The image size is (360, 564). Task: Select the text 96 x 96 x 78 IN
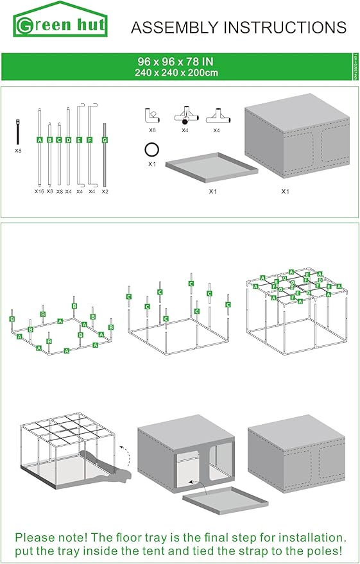[176, 62]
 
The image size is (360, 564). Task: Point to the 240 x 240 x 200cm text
[176, 73]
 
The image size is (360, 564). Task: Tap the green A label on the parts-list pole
[39, 139]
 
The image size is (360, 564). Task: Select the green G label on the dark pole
[105, 139]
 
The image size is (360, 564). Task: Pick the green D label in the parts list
[68, 139]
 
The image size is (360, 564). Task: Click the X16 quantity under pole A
[39, 191]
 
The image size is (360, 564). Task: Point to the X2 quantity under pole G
[105, 191]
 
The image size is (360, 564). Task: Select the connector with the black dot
[185, 116]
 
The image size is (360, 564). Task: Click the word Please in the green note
[37, 537]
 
